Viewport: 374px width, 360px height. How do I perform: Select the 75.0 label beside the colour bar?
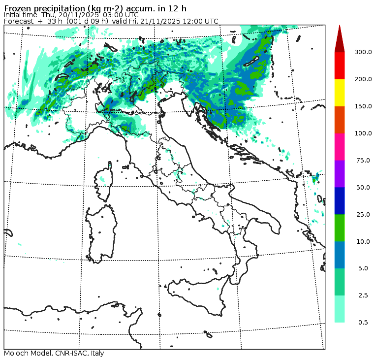point(363,160)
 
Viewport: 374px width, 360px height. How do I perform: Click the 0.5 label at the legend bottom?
point(363,323)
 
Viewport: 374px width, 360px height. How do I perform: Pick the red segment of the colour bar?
point(340,65)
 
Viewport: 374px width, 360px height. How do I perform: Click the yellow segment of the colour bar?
point(340,93)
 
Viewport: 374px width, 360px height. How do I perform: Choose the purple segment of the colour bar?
point(340,173)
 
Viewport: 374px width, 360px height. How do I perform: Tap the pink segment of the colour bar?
point(340,147)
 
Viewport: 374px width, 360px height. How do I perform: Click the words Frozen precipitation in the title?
point(37,8)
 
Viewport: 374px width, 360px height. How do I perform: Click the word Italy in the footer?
point(96,354)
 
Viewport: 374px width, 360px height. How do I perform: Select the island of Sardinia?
point(101,231)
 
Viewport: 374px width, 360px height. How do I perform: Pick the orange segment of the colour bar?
point(340,120)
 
